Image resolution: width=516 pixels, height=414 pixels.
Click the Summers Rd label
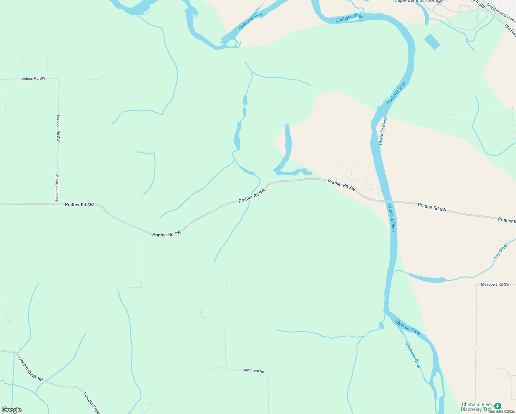click(x=253, y=371)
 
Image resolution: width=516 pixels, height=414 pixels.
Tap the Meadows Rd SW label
click(x=495, y=284)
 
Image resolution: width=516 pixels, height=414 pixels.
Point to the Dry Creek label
click(x=501, y=251)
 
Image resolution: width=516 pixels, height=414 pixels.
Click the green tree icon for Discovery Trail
click(x=497, y=406)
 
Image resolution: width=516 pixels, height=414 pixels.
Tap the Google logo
click(x=12, y=410)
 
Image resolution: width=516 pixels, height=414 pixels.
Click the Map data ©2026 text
click(x=501, y=411)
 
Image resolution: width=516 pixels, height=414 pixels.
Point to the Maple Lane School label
click(x=413, y=1)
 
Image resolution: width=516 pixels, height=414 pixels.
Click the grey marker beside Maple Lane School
click(x=439, y=1)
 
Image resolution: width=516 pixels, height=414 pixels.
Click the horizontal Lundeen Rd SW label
click(x=32, y=79)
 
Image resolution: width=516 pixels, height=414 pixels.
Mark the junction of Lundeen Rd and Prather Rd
click(x=57, y=204)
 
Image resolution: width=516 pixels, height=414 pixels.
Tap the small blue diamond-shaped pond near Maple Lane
click(x=432, y=41)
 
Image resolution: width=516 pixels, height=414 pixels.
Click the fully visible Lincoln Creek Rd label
click(x=30, y=369)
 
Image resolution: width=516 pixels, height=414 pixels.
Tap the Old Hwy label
click(x=510, y=30)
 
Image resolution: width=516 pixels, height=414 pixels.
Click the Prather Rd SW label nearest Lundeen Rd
click(x=79, y=205)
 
